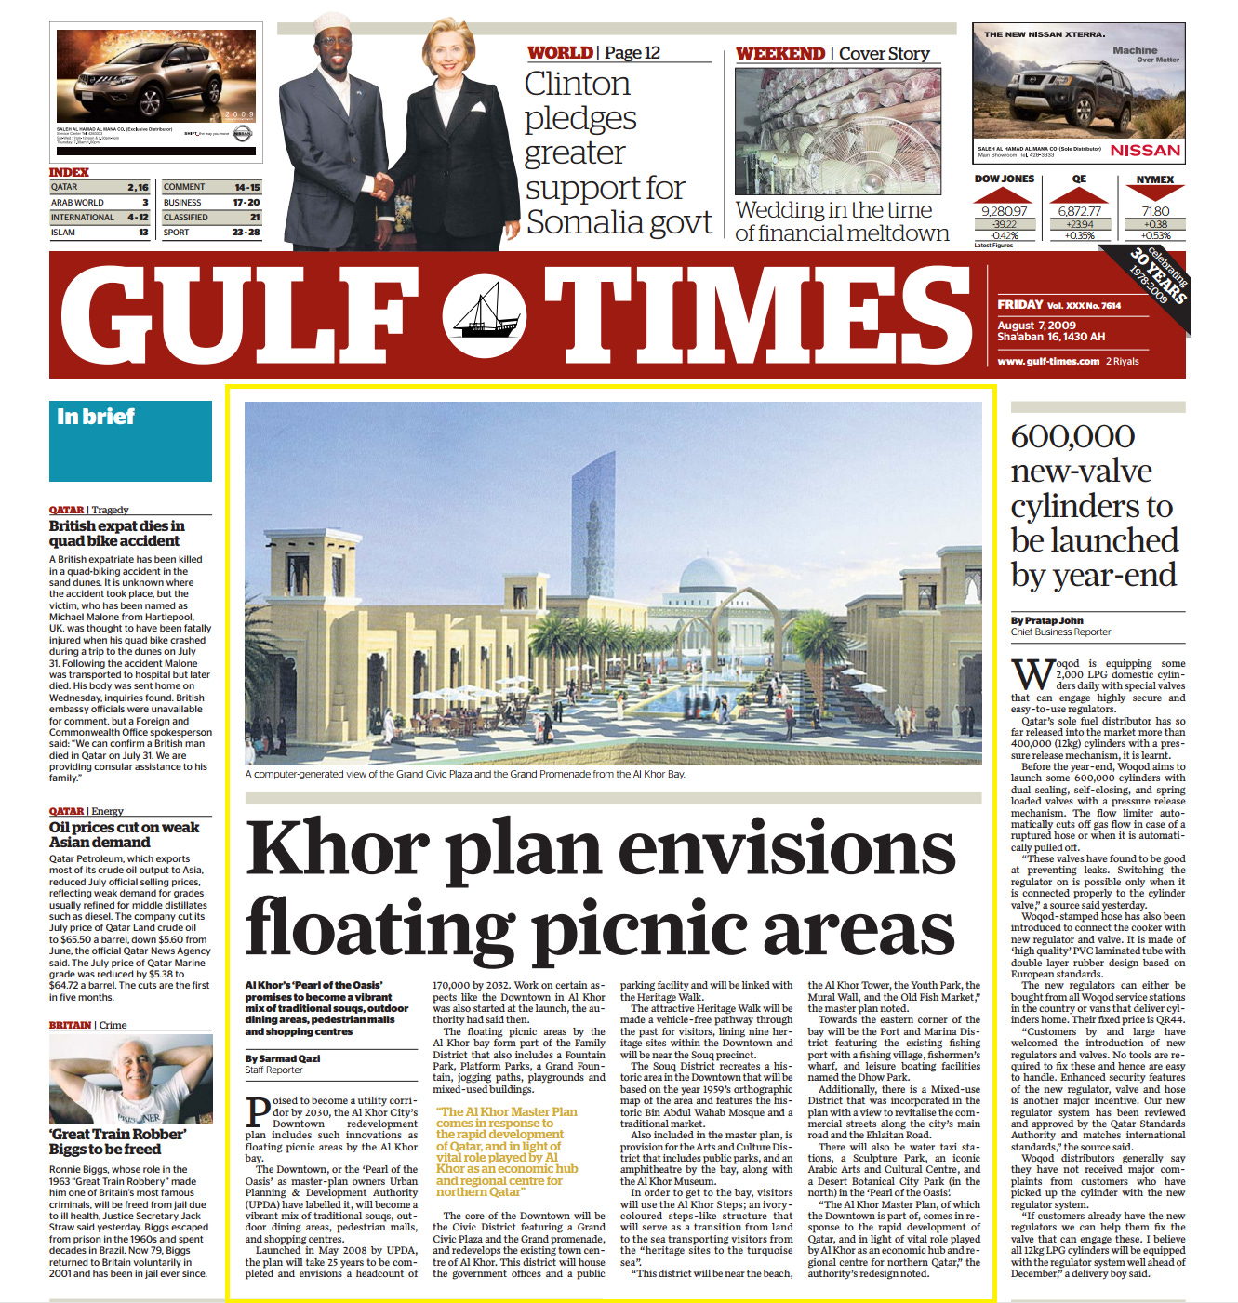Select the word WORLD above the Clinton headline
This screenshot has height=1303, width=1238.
point(560,53)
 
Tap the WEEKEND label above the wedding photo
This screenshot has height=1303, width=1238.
point(779,54)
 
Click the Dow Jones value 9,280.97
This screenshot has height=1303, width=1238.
point(1004,211)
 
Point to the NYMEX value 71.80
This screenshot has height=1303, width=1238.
point(1155,211)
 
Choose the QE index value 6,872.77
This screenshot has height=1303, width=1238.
point(1079,211)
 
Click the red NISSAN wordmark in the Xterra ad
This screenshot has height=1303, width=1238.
point(1145,151)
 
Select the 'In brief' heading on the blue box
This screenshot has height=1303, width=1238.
point(96,417)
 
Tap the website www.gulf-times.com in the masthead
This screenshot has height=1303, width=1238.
point(1048,361)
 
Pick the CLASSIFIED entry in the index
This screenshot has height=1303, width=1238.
point(186,218)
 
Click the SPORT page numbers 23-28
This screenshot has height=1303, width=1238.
point(246,233)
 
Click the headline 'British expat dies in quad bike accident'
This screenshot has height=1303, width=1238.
point(116,533)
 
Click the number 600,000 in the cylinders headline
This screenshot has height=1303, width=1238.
point(1072,436)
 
